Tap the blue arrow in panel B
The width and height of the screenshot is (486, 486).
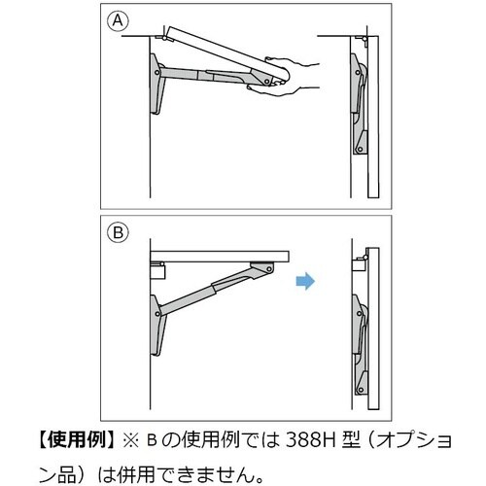click(303, 283)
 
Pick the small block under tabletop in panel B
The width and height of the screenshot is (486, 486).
click(157, 265)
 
